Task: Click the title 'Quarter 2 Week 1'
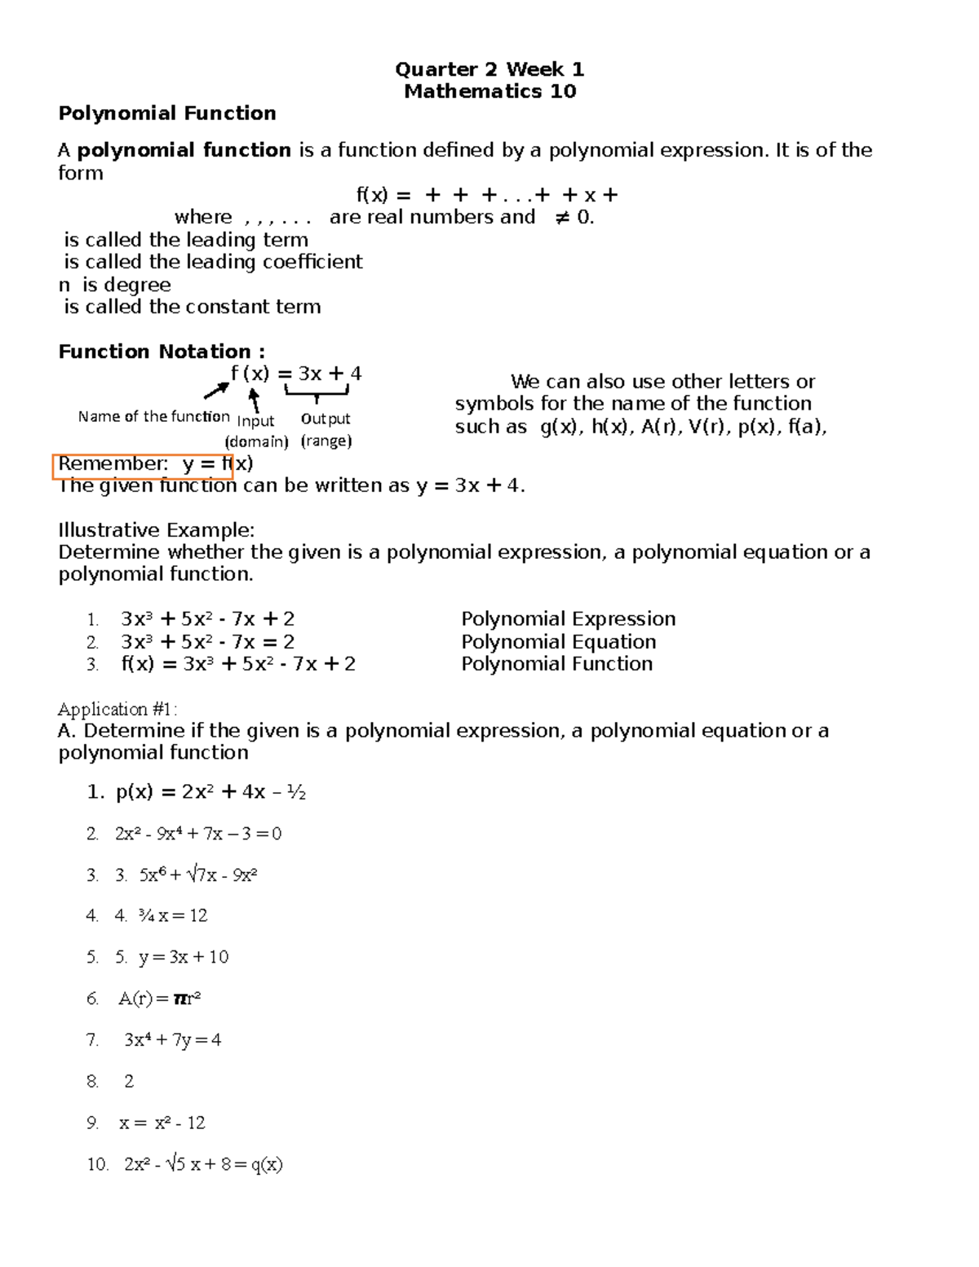coord(489,69)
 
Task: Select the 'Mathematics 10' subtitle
coord(489,91)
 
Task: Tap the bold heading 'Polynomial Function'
coord(167,113)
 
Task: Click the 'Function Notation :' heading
coord(162,352)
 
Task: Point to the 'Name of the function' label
coord(153,417)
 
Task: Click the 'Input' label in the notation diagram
coord(255,421)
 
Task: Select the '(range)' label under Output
coord(326,441)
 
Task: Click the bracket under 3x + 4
coord(317,393)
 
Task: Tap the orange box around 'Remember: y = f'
coord(144,465)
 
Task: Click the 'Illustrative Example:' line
coord(157,530)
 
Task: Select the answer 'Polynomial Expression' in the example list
coord(568,619)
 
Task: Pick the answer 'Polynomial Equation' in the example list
coord(558,642)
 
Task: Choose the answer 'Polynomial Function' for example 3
coord(556,664)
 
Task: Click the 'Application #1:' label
coord(117,709)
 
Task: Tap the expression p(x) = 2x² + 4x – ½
coord(210,792)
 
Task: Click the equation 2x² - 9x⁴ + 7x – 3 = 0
coord(198,834)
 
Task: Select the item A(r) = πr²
coord(160,999)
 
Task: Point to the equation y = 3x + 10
coord(184,957)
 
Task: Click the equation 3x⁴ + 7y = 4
coord(172,1040)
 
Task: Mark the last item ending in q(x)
coord(203,1164)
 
